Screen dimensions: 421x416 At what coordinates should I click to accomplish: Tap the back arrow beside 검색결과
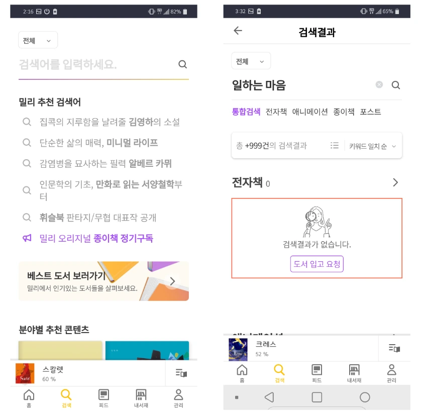[x=238, y=31]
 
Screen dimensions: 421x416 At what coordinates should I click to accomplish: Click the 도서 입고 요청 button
[x=317, y=264]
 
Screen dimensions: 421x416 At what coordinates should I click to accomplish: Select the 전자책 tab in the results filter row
[x=276, y=112]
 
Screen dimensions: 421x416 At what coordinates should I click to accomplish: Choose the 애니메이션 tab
[x=310, y=112]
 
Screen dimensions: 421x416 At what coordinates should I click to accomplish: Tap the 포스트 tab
[x=370, y=112]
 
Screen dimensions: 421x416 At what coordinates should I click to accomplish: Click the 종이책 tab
[x=344, y=112]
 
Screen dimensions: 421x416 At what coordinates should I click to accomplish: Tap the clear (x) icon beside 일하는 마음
[x=379, y=85]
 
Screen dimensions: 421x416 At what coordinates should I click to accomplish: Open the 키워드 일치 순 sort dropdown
[x=372, y=146]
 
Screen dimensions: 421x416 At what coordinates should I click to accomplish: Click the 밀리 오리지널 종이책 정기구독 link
[x=96, y=238]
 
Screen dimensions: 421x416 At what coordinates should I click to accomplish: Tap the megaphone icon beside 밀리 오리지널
[x=27, y=238]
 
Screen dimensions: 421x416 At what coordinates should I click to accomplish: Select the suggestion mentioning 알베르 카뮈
[x=106, y=164]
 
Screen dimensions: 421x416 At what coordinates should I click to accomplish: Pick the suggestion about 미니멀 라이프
[x=98, y=143]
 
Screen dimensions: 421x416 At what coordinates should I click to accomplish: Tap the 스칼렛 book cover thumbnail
[x=25, y=373]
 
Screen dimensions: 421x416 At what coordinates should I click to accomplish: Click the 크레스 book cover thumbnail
[x=238, y=349]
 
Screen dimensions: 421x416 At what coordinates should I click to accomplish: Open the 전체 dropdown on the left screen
[x=38, y=40]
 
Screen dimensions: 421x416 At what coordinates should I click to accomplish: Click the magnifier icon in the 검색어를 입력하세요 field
[x=182, y=64]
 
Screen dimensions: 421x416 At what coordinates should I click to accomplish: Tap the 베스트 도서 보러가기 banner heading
[x=66, y=276]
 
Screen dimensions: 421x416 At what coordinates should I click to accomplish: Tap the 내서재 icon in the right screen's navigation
[x=354, y=370]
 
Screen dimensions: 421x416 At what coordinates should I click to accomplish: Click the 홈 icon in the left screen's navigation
[x=29, y=395]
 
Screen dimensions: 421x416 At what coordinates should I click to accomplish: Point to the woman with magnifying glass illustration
[x=317, y=222]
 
